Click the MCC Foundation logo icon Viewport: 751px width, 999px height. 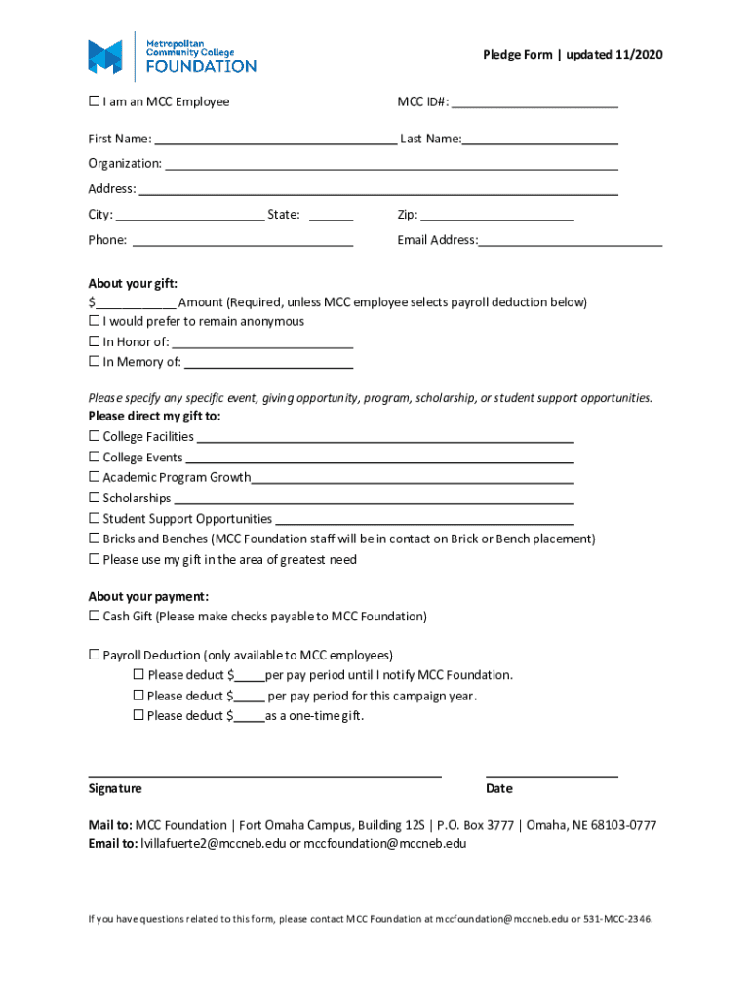105,57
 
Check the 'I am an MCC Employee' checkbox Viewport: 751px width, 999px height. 95,101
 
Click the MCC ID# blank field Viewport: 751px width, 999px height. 534,101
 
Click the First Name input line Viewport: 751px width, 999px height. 275,139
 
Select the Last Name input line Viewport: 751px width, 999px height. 540,139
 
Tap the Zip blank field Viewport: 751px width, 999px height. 496,215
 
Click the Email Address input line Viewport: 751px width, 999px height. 570,240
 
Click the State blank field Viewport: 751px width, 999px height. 331,215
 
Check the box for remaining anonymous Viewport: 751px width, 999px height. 95,321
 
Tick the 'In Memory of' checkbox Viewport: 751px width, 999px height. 95,362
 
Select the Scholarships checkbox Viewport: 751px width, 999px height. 95,499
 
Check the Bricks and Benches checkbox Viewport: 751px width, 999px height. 95,539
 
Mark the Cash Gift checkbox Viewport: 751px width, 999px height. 95,617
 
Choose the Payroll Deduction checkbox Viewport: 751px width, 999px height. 95,655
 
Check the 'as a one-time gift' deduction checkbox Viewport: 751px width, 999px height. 138,716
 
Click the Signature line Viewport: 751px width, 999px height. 264,771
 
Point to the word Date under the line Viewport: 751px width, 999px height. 498,788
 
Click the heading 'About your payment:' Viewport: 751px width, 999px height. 148,596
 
